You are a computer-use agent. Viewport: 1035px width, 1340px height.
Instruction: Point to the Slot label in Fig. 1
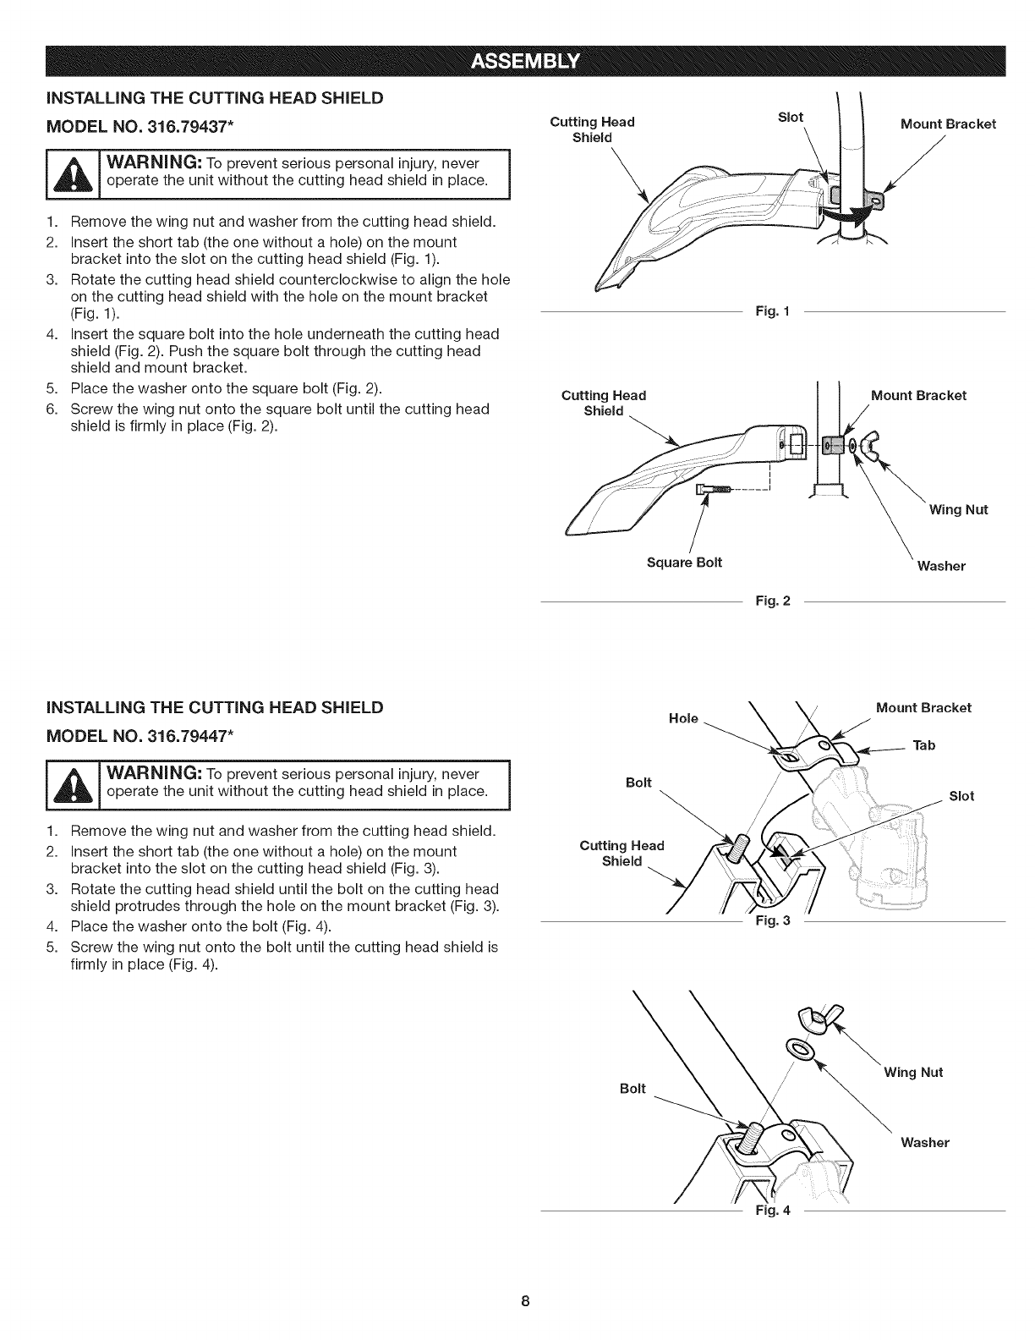(x=790, y=118)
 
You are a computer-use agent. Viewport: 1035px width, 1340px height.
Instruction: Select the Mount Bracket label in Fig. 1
(x=948, y=124)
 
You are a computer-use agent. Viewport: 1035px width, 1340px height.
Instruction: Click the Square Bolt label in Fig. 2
(x=684, y=563)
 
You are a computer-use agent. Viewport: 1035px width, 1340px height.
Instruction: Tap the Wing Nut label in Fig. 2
(x=958, y=509)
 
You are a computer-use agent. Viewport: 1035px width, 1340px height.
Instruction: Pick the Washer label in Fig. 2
(x=941, y=566)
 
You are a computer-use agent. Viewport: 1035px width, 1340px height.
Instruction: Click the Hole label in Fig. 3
(x=683, y=718)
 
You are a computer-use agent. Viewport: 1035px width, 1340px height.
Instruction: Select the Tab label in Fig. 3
(x=925, y=745)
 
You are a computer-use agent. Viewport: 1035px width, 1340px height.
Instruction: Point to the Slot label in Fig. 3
(x=961, y=796)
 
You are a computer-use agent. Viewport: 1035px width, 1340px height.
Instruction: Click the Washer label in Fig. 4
(x=924, y=1143)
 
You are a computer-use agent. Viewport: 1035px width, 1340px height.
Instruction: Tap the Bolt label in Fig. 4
(x=632, y=1089)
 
